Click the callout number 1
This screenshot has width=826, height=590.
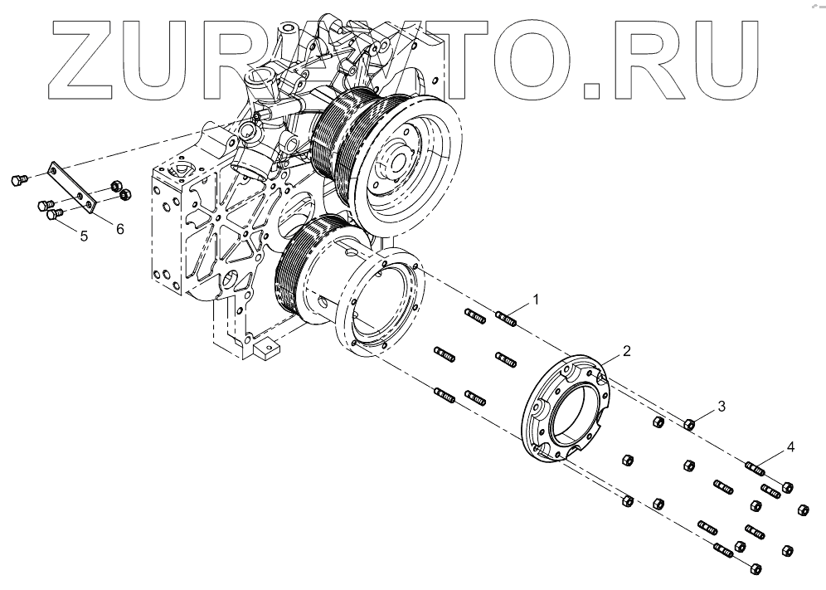coord(537,299)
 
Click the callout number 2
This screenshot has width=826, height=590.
coord(627,351)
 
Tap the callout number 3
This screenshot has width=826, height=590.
coord(722,406)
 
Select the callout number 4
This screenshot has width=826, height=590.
coord(790,447)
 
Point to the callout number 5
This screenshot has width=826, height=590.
coord(84,236)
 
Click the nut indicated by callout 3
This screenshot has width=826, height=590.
coord(688,425)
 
